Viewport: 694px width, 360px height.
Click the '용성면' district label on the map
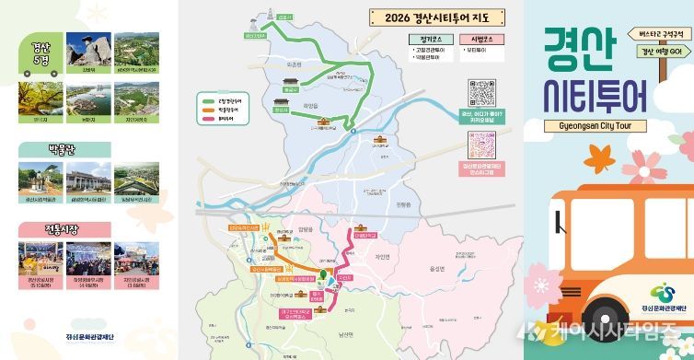coord(437,268)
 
